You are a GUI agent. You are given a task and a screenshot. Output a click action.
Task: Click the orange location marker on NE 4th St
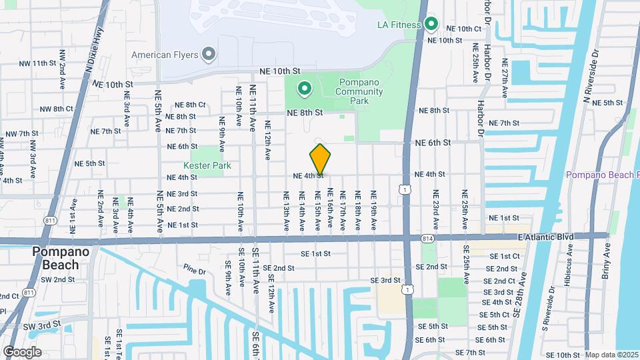pos(320,160)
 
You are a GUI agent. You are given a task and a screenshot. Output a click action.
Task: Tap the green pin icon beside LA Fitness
pos(431,25)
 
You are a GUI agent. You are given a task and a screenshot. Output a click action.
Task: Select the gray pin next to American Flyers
pos(209,54)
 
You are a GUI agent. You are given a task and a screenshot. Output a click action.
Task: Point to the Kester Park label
pos(207,165)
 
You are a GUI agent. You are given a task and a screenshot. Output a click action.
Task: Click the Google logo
pos(22,352)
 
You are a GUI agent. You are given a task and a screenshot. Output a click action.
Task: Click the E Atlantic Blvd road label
pos(545,237)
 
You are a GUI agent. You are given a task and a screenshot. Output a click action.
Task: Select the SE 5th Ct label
pos(495,315)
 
